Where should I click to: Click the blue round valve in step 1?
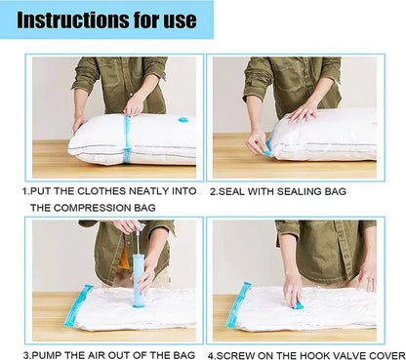183,120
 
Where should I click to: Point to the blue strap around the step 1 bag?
127,140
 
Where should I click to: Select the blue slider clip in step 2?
266,149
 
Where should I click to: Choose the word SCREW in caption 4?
235,353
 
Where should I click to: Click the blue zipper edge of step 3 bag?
78,306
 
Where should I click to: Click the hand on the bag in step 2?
303,111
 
